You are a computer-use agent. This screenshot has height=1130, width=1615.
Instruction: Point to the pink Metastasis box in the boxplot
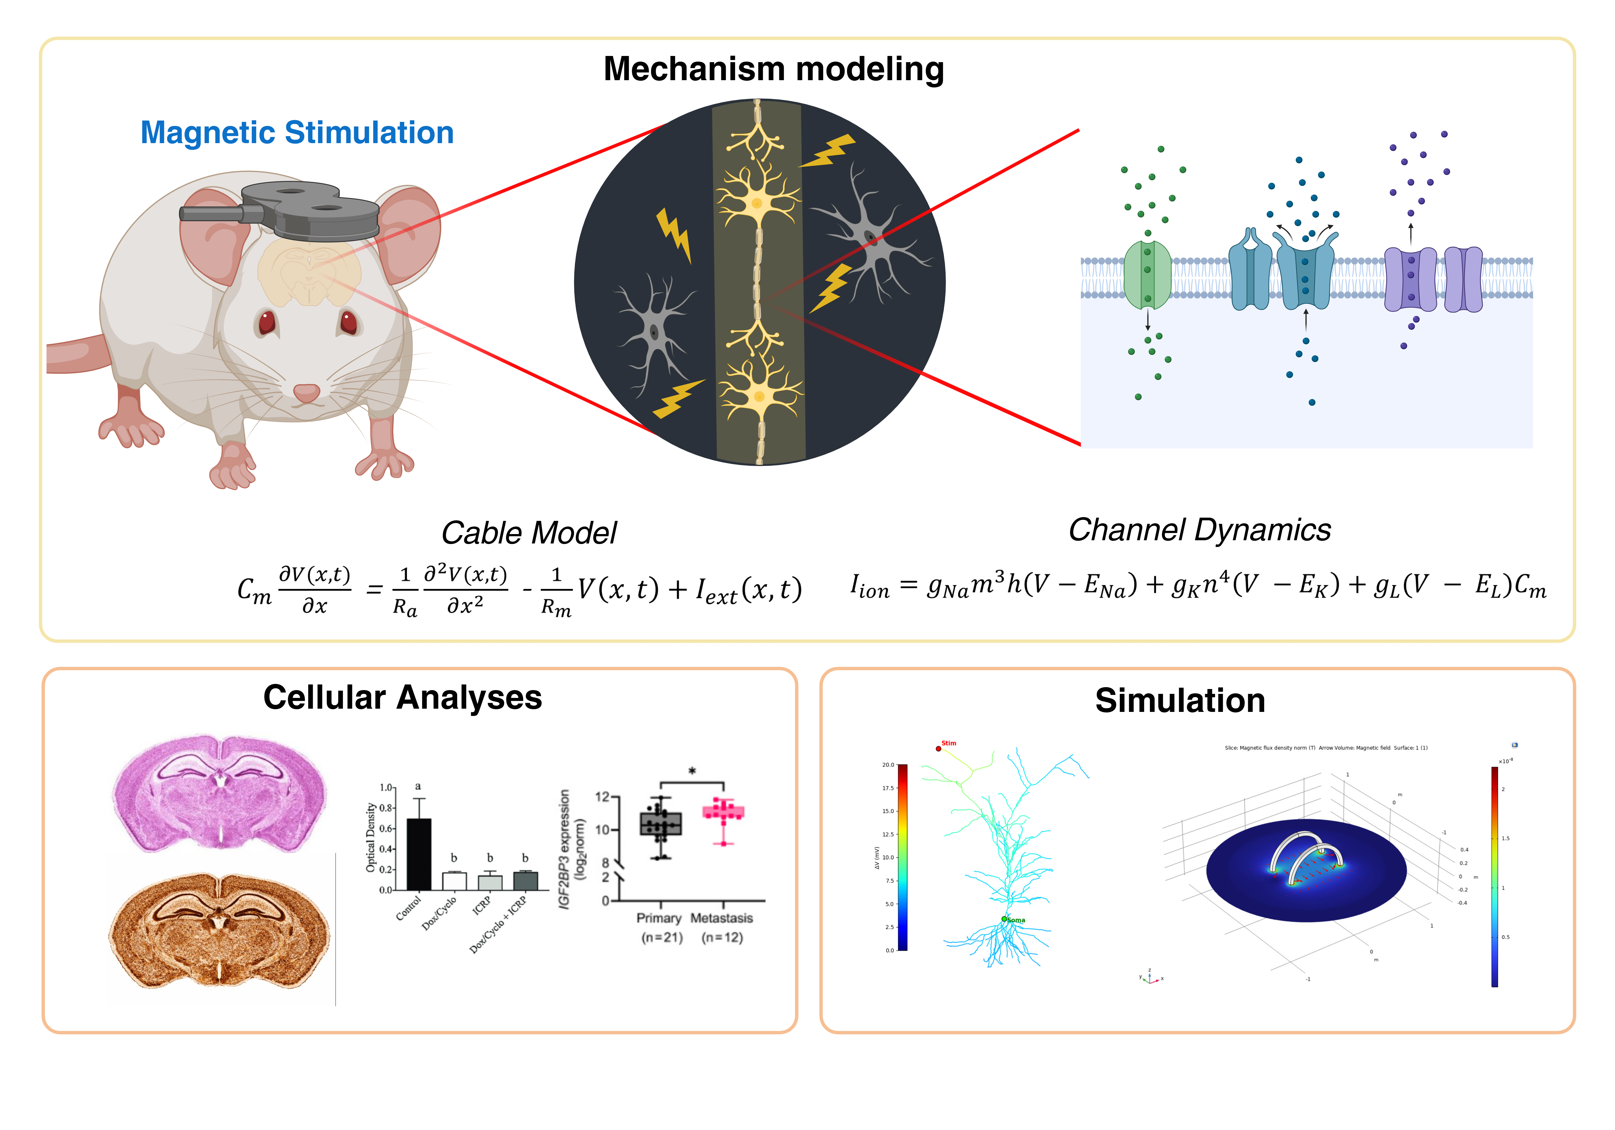click(x=723, y=812)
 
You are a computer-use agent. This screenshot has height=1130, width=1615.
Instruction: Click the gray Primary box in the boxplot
click(x=661, y=823)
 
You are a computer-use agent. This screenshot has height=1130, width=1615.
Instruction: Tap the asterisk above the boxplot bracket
click(x=692, y=771)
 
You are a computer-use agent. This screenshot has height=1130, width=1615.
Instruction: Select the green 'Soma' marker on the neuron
click(x=1005, y=919)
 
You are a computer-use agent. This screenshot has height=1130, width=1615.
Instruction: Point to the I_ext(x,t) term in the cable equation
click(x=748, y=589)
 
